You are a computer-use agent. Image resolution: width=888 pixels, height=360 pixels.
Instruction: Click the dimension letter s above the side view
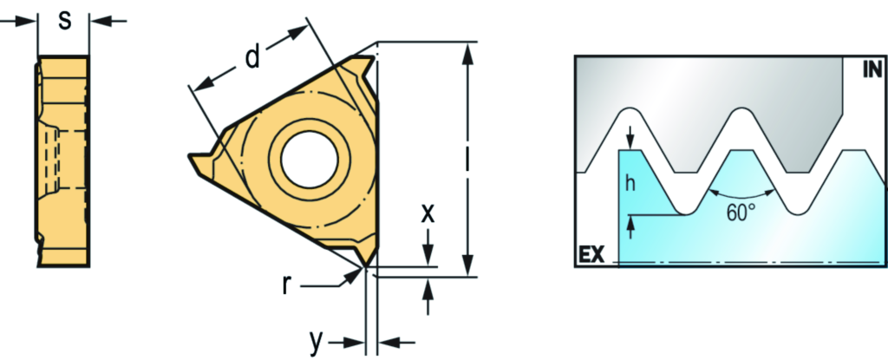point(66,21)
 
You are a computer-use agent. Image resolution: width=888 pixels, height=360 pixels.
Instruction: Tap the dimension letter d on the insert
point(252,56)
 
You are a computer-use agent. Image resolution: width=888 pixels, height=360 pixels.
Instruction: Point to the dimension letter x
point(428,213)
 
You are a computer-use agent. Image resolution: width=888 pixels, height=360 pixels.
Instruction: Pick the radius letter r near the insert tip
point(287,286)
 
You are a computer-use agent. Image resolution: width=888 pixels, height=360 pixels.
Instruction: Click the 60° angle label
point(741,213)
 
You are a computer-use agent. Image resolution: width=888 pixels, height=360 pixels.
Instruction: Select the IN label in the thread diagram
point(872,69)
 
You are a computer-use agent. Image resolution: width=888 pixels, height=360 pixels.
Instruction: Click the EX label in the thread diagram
point(591,254)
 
